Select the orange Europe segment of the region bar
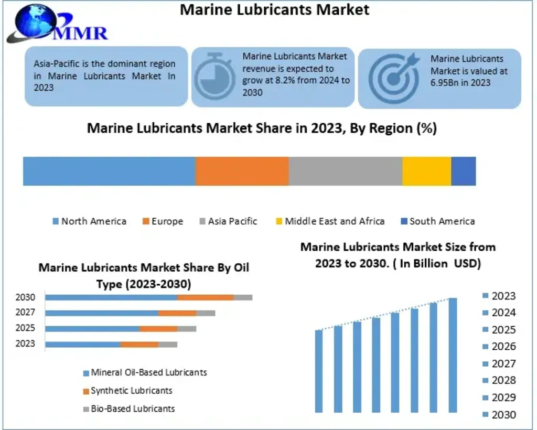pos(242,171)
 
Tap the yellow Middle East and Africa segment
pos(426,171)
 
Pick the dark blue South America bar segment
pos(464,171)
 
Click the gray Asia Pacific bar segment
pos(345,171)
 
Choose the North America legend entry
pos(89,221)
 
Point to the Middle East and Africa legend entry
pos(330,221)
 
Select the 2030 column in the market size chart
pos(453,355)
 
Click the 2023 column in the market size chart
pos(319,371)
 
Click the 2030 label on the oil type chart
pos(25,297)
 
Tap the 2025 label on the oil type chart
pos(25,328)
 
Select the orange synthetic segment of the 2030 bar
pos(205,297)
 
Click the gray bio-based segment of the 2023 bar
pos(168,345)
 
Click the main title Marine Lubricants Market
pos(274,9)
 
